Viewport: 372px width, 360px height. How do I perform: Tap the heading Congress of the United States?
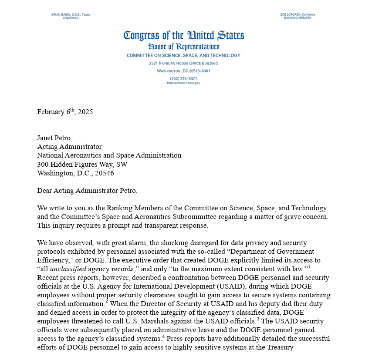(x=183, y=35)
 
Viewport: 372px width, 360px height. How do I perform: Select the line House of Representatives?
(x=183, y=47)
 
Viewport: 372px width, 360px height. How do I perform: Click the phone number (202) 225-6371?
(x=183, y=78)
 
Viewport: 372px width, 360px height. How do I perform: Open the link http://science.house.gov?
(x=183, y=83)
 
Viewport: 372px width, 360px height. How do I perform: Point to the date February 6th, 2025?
(x=65, y=111)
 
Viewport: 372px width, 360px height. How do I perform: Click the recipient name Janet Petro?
(x=54, y=138)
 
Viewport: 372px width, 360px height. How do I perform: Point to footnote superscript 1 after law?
(x=309, y=267)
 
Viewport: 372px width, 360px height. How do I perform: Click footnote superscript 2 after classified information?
(x=106, y=302)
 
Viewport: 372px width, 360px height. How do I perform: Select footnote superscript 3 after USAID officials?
(x=258, y=319)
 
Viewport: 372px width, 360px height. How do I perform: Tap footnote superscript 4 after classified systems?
(x=164, y=336)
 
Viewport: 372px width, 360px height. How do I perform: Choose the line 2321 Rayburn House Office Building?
(x=183, y=63)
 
